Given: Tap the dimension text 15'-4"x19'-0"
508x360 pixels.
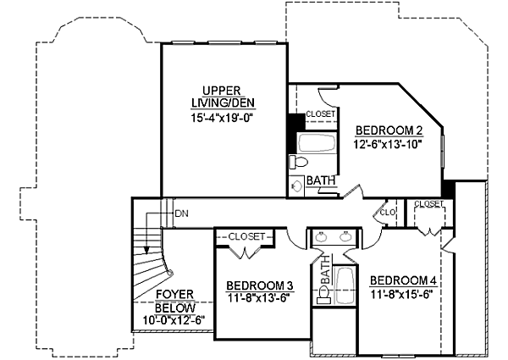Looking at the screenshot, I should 224,119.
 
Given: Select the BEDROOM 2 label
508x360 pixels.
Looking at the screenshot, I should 389,130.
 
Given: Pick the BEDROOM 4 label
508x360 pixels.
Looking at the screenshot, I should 405,281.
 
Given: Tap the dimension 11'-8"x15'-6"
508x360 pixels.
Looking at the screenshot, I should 405,294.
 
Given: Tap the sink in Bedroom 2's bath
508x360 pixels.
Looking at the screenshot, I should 297,186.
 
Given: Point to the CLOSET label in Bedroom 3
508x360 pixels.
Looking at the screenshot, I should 247,236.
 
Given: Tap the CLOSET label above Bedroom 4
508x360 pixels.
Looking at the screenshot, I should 429,204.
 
